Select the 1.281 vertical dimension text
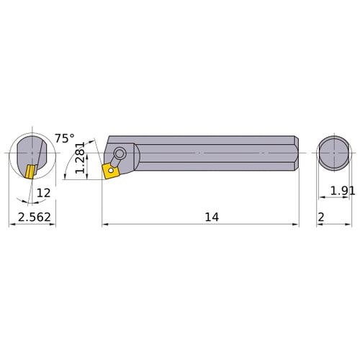click(x=81, y=159)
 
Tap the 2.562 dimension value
click(x=32, y=216)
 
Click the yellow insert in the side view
click(x=112, y=171)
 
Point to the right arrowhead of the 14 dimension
click(x=296, y=225)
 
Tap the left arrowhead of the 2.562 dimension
click(x=11, y=225)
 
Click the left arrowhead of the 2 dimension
click(x=319, y=225)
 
